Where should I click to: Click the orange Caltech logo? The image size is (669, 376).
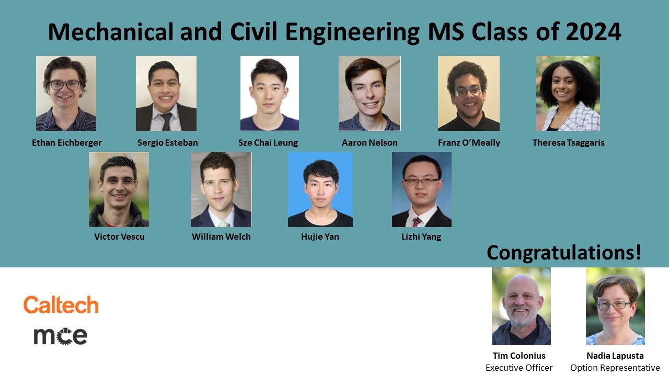pyautogui.click(x=61, y=304)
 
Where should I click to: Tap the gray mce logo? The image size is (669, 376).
pyautogui.click(x=60, y=336)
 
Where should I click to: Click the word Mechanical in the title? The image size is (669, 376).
pyautogui.click(x=110, y=32)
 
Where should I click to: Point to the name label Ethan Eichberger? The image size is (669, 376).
pyautogui.click(x=67, y=143)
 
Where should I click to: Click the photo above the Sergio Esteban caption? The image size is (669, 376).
pyautogui.click(x=166, y=93)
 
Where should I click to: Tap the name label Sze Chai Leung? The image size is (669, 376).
pyautogui.click(x=268, y=143)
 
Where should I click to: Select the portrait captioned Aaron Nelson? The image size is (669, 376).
pyautogui.click(x=370, y=93)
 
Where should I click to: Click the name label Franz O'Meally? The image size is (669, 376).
pyautogui.click(x=469, y=143)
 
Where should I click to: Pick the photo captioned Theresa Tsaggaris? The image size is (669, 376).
pyautogui.click(x=568, y=93)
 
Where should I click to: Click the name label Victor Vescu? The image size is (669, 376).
pyautogui.click(x=119, y=237)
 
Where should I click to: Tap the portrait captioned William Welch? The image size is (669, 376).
pyautogui.click(x=221, y=190)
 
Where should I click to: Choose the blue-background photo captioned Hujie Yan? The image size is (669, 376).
pyautogui.click(x=320, y=190)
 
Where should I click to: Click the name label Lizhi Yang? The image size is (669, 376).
pyautogui.click(x=421, y=237)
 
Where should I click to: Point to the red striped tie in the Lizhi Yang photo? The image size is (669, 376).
pyautogui.click(x=417, y=222)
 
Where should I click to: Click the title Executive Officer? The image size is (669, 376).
pyautogui.click(x=519, y=368)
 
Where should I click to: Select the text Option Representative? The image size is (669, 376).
pyautogui.click(x=615, y=368)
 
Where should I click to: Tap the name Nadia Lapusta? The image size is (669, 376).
pyautogui.click(x=615, y=356)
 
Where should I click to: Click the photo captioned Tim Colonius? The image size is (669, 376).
pyautogui.click(x=521, y=306)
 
